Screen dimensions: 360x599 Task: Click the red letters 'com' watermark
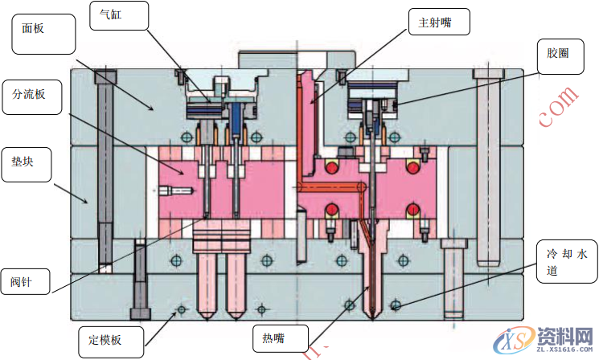558,108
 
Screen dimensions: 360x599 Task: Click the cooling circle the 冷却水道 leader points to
395,305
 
